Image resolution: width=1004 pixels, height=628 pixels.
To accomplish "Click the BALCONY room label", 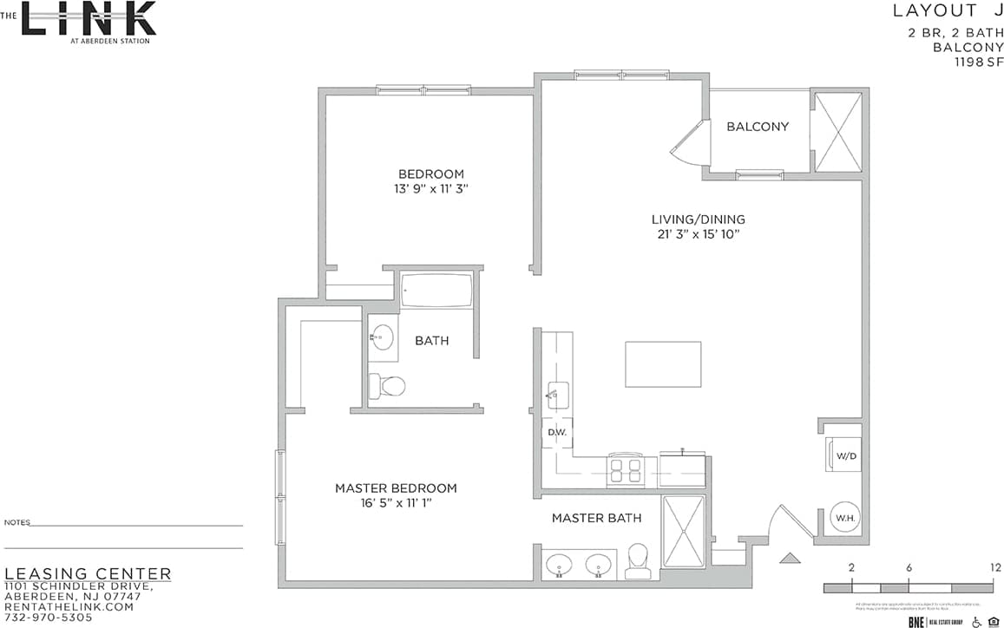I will coord(758,127).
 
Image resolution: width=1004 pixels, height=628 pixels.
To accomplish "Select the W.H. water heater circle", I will coord(845,519).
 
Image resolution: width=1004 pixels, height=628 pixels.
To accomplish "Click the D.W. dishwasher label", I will coord(555,432).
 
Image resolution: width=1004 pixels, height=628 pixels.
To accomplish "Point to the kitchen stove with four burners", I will coord(625,469).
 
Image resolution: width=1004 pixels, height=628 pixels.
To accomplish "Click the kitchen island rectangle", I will coord(663,364).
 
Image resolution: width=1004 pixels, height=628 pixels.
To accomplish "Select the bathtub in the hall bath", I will coord(436,291).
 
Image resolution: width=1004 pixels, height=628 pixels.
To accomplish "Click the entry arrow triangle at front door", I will coord(790,558).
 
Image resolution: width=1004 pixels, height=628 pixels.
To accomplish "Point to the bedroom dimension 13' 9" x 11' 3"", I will coord(431,188).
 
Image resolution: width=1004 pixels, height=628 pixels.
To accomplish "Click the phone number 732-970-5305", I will coord(49,618).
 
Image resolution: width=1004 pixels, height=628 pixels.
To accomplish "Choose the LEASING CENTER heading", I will coord(89,574).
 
